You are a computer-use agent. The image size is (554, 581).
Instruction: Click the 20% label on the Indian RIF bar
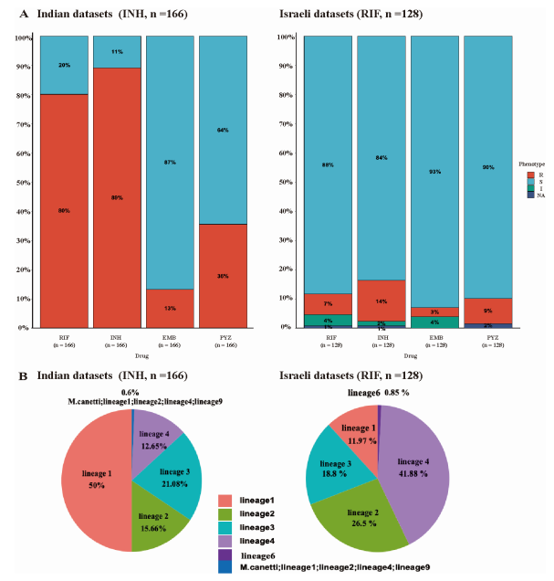click(65, 66)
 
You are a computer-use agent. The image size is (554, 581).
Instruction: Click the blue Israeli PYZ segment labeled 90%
click(486, 164)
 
